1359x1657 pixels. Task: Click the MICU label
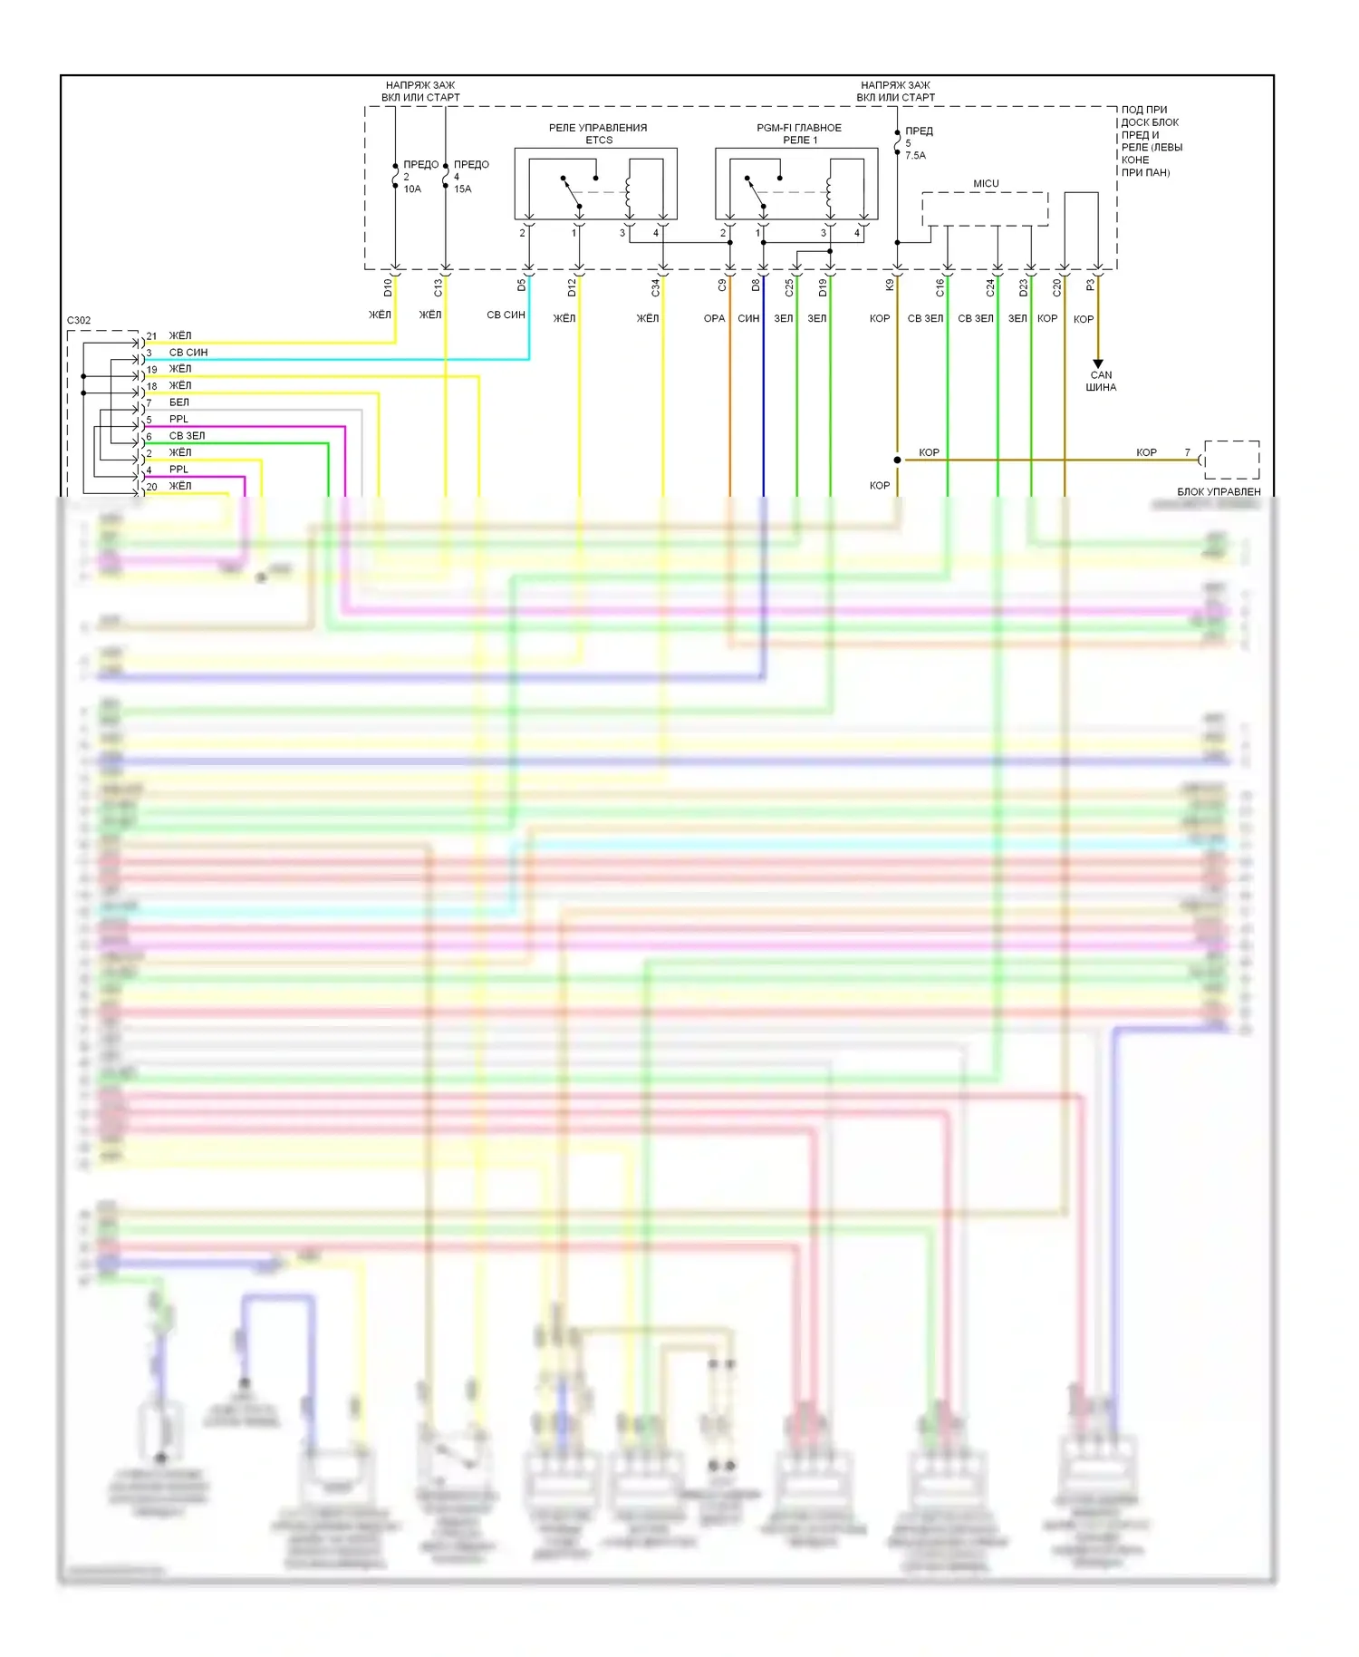[x=986, y=184]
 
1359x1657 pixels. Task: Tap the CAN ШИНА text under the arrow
[x=1101, y=381]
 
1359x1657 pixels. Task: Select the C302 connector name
[x=79, y=320]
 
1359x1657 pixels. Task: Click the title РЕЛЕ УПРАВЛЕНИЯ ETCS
[x=598, y=133]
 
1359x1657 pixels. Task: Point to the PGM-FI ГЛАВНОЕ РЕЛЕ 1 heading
[x=799, y=133]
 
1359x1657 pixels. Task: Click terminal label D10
[x=388, y=287]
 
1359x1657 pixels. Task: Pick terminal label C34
[x=656, y=287]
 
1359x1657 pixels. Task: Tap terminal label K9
[x=890, y=285]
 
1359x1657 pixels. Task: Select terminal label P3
[x=1091, y=285]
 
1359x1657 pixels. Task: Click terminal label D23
[x=1024, y=287]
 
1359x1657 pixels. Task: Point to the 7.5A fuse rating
[x=915, y=156]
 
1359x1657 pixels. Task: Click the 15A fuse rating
[x=462, y=189]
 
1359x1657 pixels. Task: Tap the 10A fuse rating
[x=412, y=189]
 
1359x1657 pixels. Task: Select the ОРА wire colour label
[x=714, y=318]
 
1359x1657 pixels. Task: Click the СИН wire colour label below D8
[x=748, y=318]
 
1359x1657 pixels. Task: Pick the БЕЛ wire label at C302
[x=179, y=402]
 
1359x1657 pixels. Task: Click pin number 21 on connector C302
[x=152, y=336]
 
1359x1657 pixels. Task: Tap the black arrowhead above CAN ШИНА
[x=1098, y=363]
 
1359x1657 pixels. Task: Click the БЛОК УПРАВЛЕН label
[x=1219, y=491]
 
